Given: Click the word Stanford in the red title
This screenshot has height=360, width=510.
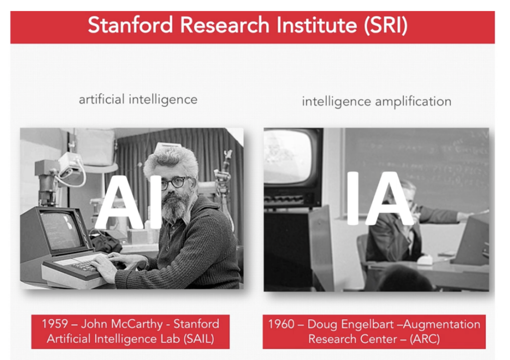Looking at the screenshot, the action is coord(130,25).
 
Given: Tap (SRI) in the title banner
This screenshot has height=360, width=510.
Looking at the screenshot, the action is coord(386,26).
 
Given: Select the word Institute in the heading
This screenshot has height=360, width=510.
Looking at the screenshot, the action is coord(317,25).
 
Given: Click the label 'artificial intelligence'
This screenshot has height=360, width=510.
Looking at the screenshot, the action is coord(138,100).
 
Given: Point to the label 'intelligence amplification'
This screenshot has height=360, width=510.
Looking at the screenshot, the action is coord(377,102).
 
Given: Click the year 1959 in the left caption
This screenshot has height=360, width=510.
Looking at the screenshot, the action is coord(55,324).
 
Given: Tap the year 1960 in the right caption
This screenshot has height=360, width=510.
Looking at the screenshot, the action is coord(281,324).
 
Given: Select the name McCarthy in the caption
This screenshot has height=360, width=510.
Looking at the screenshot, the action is coord(136,324).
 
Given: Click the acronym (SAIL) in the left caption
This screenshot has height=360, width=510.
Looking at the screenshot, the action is coord(199,339).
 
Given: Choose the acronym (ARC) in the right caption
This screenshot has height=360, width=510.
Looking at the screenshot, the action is coord(424,339).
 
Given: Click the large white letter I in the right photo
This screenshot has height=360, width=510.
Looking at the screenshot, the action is coord(353,198).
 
